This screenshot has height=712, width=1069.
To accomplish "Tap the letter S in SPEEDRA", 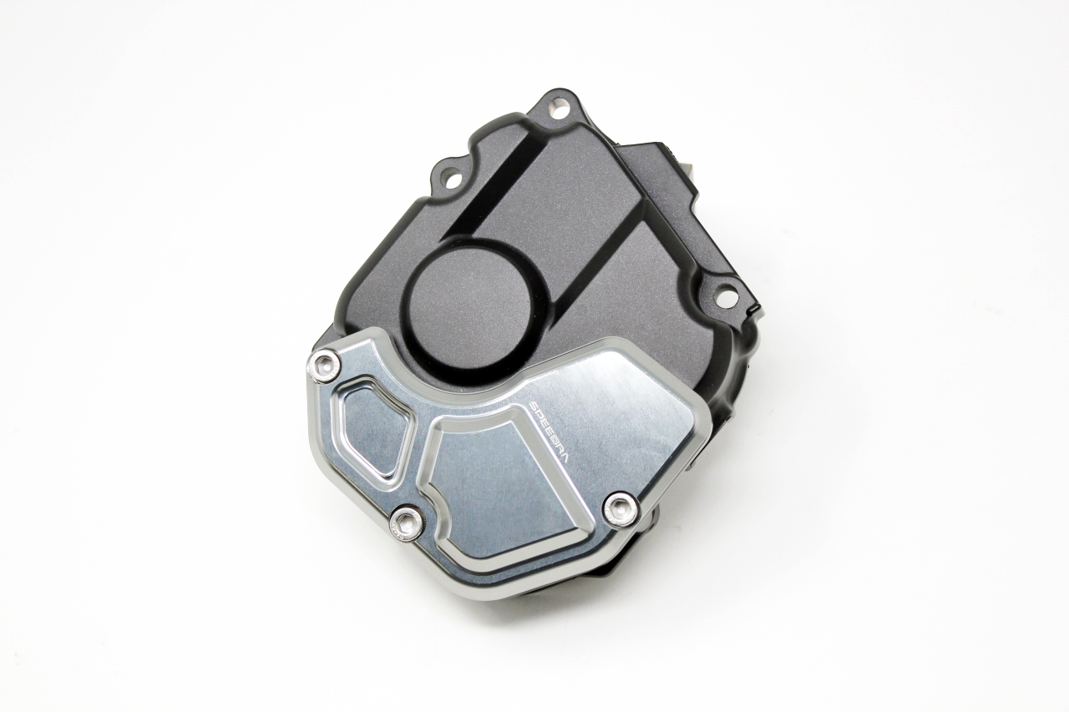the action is point(533,404).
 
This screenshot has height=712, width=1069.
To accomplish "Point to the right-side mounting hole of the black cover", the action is point(730,289).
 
